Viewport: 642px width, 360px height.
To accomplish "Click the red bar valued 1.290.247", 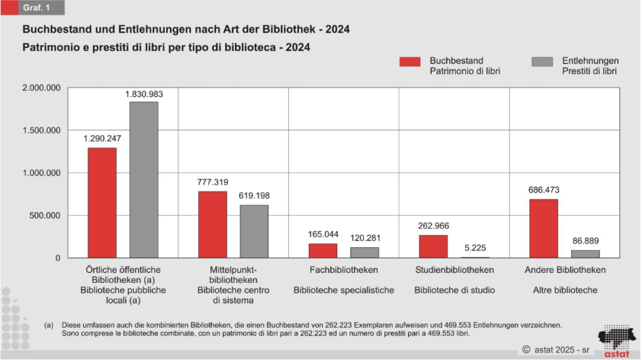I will pyautogui.click(x=102, y=203).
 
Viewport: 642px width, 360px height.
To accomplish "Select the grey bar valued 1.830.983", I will pyautogui.click(x=144, y=180).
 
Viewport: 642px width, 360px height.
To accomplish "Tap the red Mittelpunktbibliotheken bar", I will pyautogui.click(x=213, y=225).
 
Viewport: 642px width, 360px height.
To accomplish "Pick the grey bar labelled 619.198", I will pyautogui.click(x=254, y=231).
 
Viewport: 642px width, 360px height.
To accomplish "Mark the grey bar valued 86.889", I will pyautogui.click(x=585, y=254).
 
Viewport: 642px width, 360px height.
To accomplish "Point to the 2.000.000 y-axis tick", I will pyautogui.click(x=40, y=88).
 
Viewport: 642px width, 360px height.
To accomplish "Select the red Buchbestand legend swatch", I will pyautogui.click(x=409, y=61).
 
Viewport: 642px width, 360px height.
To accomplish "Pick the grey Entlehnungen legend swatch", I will pyautogui.click(x=542, y=61).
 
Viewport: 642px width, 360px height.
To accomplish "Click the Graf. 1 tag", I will pyautogui.click(x=36, y=8).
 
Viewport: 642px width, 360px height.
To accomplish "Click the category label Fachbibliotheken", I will pyautogui.click(x=344, y=270).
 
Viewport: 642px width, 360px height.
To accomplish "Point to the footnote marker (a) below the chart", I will pyautogui.click(x=49, y=325).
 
